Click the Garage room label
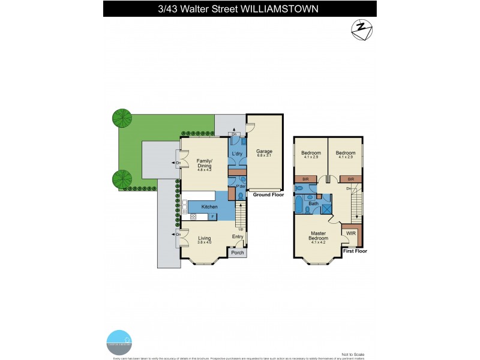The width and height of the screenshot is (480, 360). coord(264,151)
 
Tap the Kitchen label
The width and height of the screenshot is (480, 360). coord(209,207)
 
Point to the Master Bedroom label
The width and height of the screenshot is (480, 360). coord(317,236)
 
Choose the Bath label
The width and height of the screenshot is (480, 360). coord(313,204)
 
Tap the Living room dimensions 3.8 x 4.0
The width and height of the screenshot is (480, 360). coord(205,242)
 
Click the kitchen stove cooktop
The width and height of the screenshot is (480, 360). coord(194,216)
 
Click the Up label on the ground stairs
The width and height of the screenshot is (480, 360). coord(241,229)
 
